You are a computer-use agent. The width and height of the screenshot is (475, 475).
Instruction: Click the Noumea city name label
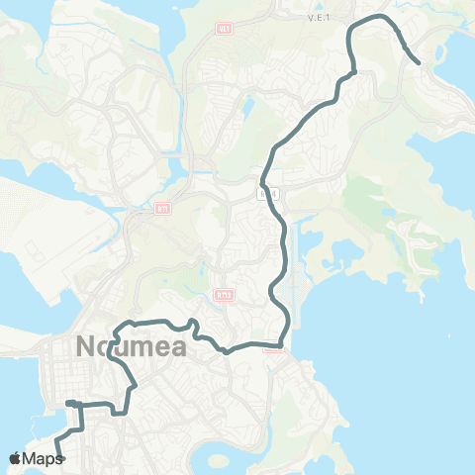pos(124,349)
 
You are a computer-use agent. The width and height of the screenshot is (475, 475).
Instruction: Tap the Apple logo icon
pos(16,458)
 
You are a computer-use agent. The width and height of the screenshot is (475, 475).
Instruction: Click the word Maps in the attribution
pos(43,458)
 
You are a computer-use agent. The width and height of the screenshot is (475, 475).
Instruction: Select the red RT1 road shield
pos(161,209)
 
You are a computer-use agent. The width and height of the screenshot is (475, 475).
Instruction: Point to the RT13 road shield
pos(223,294)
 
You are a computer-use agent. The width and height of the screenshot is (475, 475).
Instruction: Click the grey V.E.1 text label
pos(318,18)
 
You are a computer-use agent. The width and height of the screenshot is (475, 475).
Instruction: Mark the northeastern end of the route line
pos(419,64)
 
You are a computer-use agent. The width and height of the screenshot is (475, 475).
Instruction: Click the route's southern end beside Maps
pos(59,458)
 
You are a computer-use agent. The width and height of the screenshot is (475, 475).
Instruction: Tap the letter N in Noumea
pos(84,349)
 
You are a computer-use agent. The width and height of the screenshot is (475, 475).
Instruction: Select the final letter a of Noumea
pos(164,349)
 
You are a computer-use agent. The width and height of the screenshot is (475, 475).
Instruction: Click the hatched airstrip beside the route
pos(293,262)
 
